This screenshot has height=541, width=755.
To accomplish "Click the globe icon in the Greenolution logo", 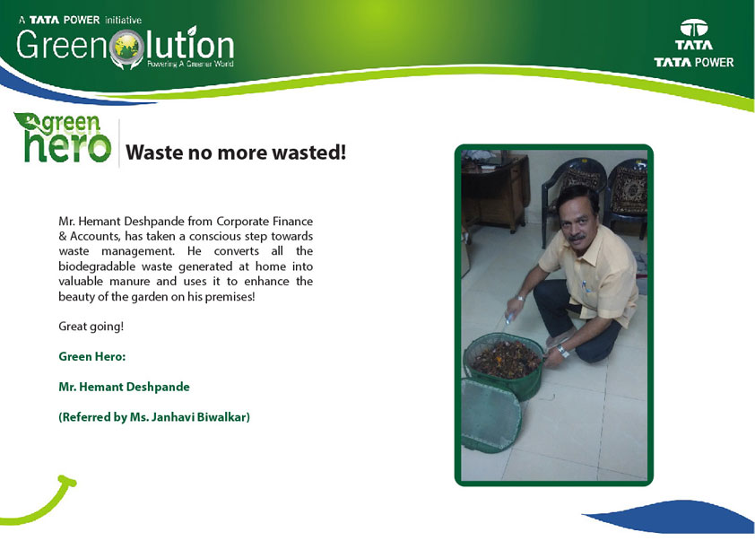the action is point(127,48).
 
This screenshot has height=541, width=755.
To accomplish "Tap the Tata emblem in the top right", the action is point(694,29).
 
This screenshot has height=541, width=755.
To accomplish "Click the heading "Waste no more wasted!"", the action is point(236,153).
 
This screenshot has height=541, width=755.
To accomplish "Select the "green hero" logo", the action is point(63,137).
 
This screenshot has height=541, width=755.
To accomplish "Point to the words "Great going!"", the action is point(91,327).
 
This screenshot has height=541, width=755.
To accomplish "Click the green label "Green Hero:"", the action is point(92,356).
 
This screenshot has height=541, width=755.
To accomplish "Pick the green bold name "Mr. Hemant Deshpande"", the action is point(125,387).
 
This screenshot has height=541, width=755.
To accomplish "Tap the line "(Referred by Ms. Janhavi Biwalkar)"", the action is point(154,417).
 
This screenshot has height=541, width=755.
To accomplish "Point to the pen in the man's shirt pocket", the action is point(586,286).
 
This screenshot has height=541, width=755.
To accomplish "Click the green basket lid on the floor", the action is point(491,415).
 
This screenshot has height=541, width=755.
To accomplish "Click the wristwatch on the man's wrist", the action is point(562,351).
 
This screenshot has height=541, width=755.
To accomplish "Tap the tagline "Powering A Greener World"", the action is point(190,64).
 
